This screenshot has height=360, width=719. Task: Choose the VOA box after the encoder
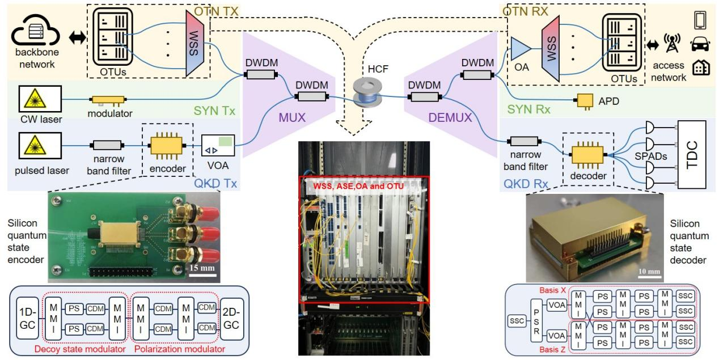pos(218,147)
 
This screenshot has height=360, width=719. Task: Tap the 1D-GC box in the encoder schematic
pos(28,319)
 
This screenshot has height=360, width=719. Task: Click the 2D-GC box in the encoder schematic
pos(231,319)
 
